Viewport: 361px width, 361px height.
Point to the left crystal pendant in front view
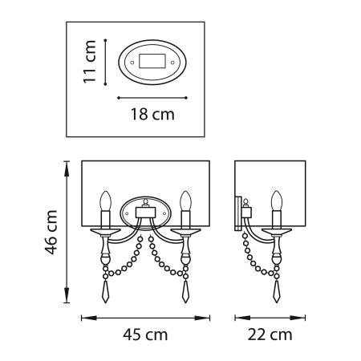103,287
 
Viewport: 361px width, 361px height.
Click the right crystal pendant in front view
186,287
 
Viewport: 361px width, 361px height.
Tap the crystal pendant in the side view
278,287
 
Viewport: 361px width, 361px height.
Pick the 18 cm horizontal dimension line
152,97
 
